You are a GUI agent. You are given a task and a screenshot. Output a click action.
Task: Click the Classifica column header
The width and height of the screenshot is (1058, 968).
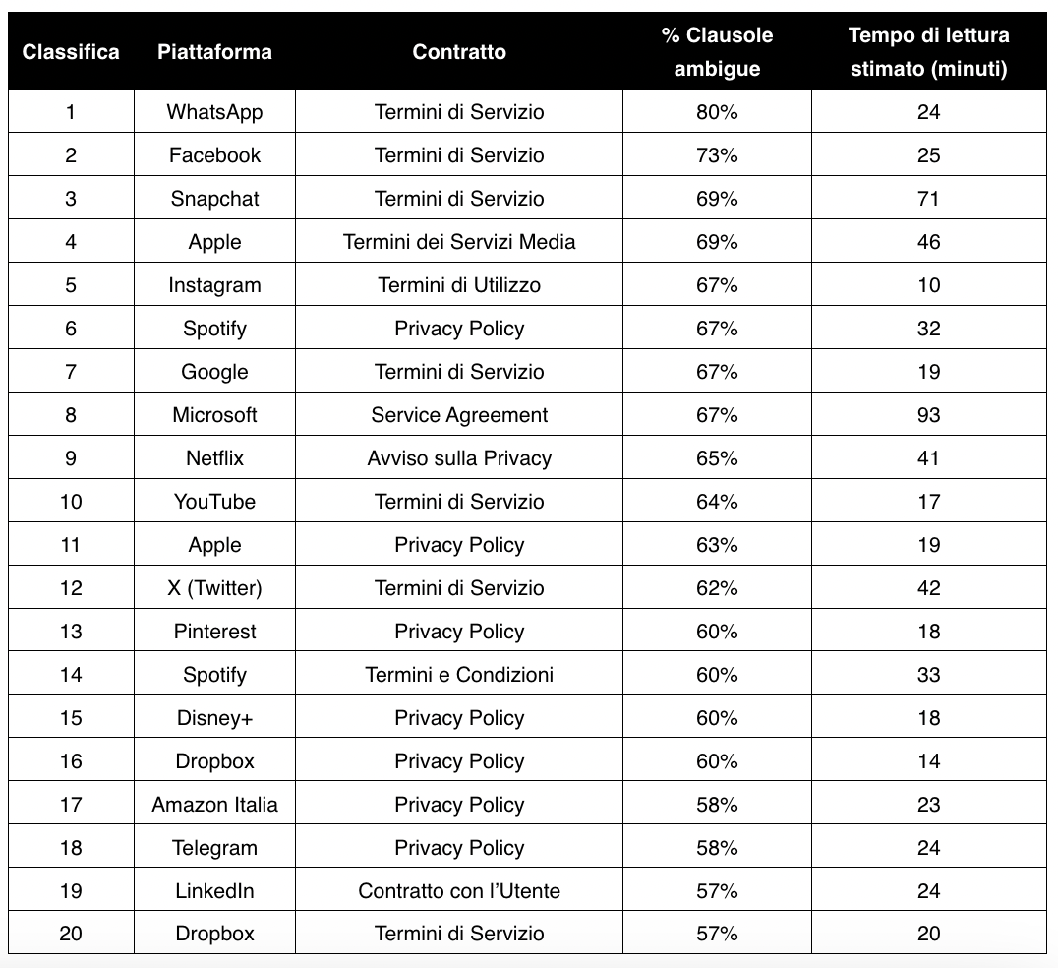(71, 51)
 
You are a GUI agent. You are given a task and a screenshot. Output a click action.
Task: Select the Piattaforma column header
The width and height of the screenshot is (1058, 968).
(214, 51)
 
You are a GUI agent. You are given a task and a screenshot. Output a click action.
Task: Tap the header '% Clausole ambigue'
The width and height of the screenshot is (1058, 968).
(717, 51)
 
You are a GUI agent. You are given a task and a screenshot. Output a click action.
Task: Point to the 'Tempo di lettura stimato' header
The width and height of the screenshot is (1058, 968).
(928, 51)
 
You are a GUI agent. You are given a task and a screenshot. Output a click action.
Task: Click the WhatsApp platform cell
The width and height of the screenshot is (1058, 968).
(214, 112)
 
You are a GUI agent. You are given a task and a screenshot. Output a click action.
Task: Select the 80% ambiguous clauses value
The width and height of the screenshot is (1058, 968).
(717, 112)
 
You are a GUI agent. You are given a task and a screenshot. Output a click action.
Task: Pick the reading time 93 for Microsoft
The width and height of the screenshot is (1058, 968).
(928, 415)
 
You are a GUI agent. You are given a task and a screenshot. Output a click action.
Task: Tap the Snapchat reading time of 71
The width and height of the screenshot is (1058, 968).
(928, 199)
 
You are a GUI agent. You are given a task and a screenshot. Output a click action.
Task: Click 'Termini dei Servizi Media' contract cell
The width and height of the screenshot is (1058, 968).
(459, 242)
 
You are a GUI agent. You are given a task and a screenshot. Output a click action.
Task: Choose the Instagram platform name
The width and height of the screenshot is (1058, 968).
(214, 285)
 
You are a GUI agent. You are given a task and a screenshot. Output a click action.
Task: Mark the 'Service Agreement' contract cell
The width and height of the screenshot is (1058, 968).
(459, 415)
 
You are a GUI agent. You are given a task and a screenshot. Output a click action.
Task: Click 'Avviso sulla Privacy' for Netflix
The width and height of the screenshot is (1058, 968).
(459, 458)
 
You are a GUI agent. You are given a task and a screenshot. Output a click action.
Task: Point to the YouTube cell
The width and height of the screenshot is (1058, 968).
(214, 502)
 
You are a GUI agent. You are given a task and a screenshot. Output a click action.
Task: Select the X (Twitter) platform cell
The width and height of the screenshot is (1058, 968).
(214, 588)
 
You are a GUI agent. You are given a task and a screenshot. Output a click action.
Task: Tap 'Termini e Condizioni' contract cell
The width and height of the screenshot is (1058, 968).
(459, 675)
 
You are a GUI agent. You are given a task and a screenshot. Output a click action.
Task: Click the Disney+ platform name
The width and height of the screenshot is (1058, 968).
(214, 718)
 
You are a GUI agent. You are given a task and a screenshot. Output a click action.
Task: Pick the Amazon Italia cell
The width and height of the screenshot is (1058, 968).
(214, 805)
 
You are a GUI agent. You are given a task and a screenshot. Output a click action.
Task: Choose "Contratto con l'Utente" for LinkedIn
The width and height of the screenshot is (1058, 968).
(459, 891)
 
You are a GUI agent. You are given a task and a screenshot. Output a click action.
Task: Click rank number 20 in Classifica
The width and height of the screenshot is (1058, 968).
(71, 935)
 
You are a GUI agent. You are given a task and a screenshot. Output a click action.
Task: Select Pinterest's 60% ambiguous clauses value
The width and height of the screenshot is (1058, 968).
(717, 632)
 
